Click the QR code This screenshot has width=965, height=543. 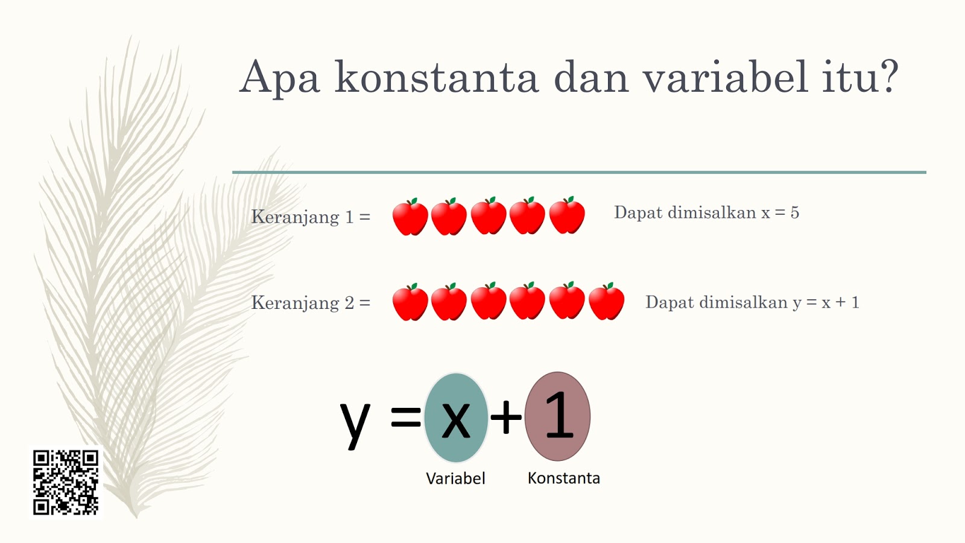coord(66,482)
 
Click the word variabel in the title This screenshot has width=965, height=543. coord(725,77)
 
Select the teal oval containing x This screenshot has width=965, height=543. coord(456,418)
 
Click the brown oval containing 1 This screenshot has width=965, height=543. coord(558,416)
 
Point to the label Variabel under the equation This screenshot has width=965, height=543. coord(455,478)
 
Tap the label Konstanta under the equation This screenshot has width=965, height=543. coord(563,478)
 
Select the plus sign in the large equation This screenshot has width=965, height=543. coord(506,417)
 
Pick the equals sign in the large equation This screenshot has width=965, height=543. coord(406,417)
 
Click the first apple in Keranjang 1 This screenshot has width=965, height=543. coord(410,217)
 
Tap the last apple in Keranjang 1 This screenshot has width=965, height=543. coord(567,215)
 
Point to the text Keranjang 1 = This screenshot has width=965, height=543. coord(311,217)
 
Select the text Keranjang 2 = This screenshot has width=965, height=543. coord(311,302)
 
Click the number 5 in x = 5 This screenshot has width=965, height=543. coord(795,212)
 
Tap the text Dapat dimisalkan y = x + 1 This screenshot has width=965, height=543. coord(752,302)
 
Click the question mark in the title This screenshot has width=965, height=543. coord(887,76)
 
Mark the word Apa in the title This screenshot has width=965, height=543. coord(279,77)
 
